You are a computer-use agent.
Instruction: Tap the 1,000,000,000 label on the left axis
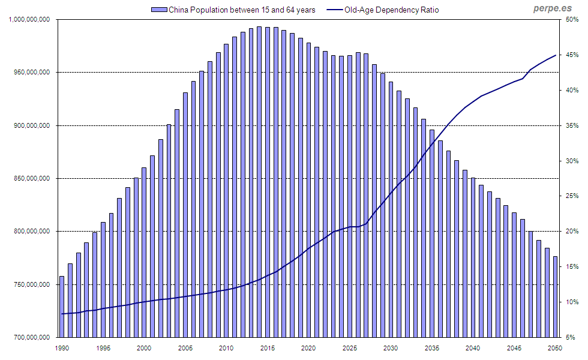click(x=30, y=20)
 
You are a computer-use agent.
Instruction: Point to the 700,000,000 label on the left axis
click(x=30, y=337)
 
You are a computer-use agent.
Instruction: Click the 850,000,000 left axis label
click(x=30, y=178)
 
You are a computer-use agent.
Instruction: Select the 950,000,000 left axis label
click(x=30, y=73)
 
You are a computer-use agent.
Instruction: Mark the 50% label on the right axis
click(x=571, y=20)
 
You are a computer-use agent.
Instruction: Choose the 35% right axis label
click(x=571, y=125)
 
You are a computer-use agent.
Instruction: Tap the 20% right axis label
click(x=571, y=232)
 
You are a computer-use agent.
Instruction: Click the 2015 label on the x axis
click(x=267, y=348)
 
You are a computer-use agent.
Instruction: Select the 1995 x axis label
click(x=103, y=348)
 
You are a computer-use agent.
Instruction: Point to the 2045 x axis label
click(x=514, y=348)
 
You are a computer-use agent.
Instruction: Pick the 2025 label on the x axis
click(x=349, y=348)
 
